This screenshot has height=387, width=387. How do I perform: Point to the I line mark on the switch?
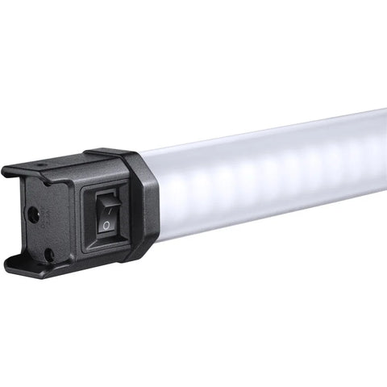pos(104,201)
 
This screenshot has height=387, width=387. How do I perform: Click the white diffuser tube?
pos(274,173)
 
